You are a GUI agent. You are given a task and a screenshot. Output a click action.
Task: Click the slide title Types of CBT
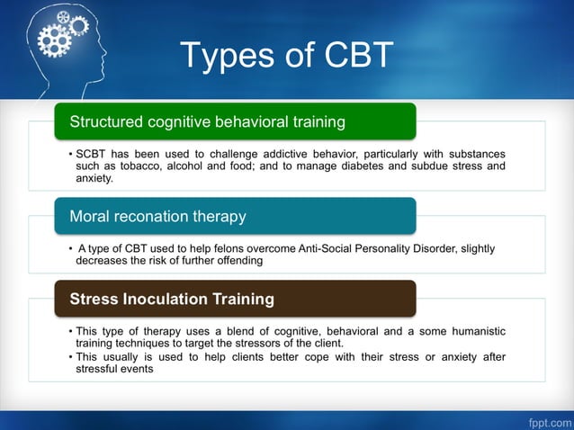pyautogui.click(x=287, y=56)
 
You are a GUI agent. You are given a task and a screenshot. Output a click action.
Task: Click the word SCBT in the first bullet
pyautogui.click(x=93, y=154)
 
